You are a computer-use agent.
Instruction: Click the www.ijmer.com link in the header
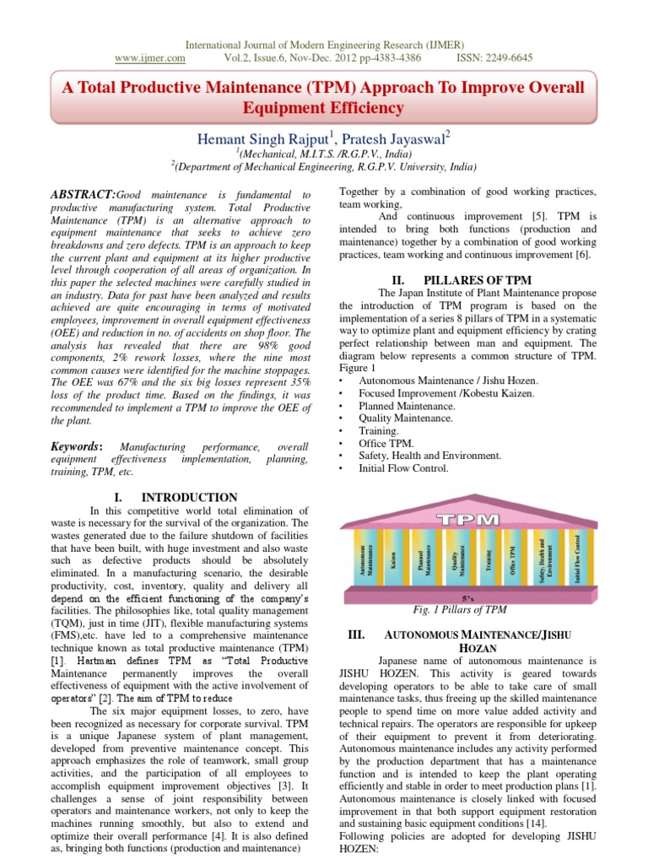point(149,58)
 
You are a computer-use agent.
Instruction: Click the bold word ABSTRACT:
point(82,194)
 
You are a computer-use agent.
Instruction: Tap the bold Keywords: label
point(77,445)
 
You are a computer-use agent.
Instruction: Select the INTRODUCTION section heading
point(189,497)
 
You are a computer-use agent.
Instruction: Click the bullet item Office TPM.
point(387,443)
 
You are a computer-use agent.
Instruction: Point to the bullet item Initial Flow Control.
point(403,467)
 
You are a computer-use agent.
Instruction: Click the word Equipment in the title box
point(283,108)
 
